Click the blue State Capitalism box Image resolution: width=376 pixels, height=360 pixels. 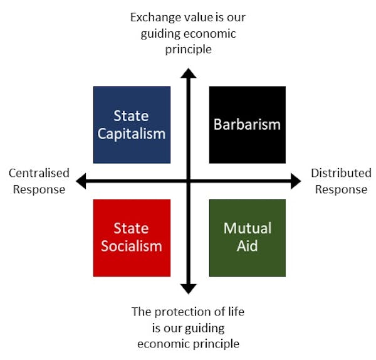pyautogui.click(x=132, y=125)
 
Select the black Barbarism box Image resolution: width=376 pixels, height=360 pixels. pyautogui.click(x=247, y=125)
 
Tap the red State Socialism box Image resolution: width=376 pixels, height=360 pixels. pyautogui.click(x=132, y=238)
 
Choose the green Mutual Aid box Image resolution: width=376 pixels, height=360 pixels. pyautogui.click(x=247, y=238)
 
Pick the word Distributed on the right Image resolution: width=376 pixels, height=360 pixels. pyautogui.click(x=341, y=173)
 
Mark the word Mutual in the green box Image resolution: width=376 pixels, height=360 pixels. pyautogui.click(x=247, y=228)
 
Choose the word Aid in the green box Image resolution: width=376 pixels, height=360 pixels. pyautogui.click(x=247, y=245)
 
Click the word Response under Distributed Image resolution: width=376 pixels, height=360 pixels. pyautogui.click(x=341, y=189)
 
